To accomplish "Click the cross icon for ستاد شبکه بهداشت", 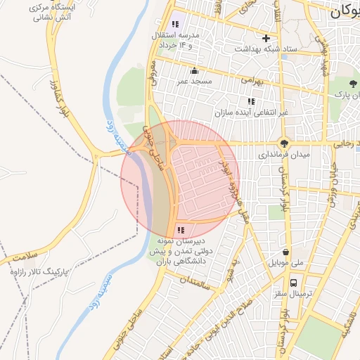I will [x=266, y=39].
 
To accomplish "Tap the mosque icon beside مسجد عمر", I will [x=195, y=70].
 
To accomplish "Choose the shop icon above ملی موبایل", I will [x=286, y=252].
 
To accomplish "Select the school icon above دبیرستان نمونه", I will [x=181, y=230].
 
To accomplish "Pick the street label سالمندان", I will [x=195, y=284].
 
